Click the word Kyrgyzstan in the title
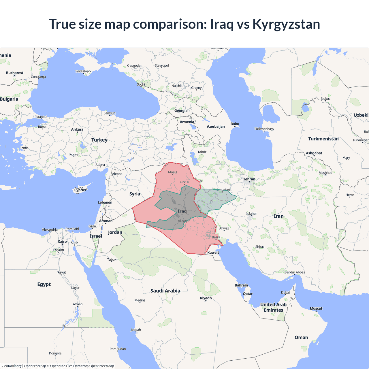[286, 24]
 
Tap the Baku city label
[235, 124]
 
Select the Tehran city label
[249, 179]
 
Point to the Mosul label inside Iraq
[172, 172]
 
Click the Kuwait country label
[213, 253]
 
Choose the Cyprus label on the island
[80, 190]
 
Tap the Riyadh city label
[206, 298]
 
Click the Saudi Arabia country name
[165, 291]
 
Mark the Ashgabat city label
[314, 153]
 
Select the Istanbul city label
[41, 117]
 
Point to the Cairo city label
[62, 242]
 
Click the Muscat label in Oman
[316, 308]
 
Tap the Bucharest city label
[15, 73]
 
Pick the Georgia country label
[181, 111]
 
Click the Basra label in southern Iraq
[216, 237]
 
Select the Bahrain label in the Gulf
[241, 285]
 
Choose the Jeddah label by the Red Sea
[136, 330]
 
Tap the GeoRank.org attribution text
[12, 366]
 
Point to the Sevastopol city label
[83, 71]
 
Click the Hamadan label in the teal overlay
[223, 190]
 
